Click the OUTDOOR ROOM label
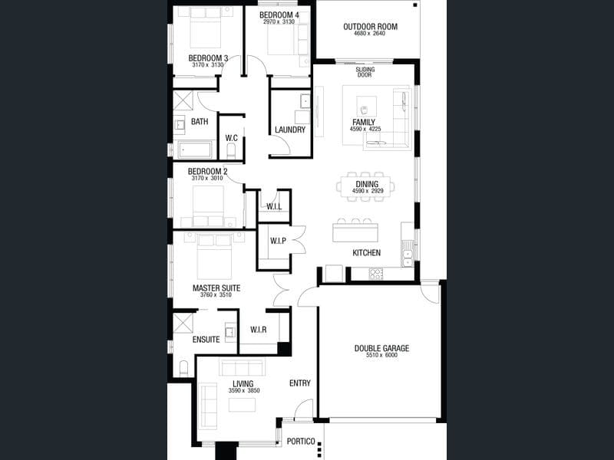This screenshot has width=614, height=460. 370,27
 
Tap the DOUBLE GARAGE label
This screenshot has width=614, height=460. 381,348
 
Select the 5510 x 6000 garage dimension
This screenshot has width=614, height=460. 381,355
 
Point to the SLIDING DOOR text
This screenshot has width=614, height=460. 365,72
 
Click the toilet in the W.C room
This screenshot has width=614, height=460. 231,150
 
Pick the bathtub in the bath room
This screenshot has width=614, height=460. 195,149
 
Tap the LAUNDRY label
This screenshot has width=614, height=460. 290,130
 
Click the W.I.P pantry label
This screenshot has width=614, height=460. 278,241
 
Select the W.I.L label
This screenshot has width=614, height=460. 274,206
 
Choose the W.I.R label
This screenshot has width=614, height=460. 259,330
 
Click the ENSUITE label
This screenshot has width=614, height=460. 206,340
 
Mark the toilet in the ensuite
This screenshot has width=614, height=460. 183,368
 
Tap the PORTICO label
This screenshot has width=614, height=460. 301,442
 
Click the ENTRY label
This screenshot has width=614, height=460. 300,383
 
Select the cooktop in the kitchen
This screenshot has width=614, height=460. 376,274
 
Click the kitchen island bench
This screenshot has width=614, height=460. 355,233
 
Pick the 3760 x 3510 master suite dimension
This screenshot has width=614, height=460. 216,295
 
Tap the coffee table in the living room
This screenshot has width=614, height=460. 243,405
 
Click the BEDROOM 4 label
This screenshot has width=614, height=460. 279,15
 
